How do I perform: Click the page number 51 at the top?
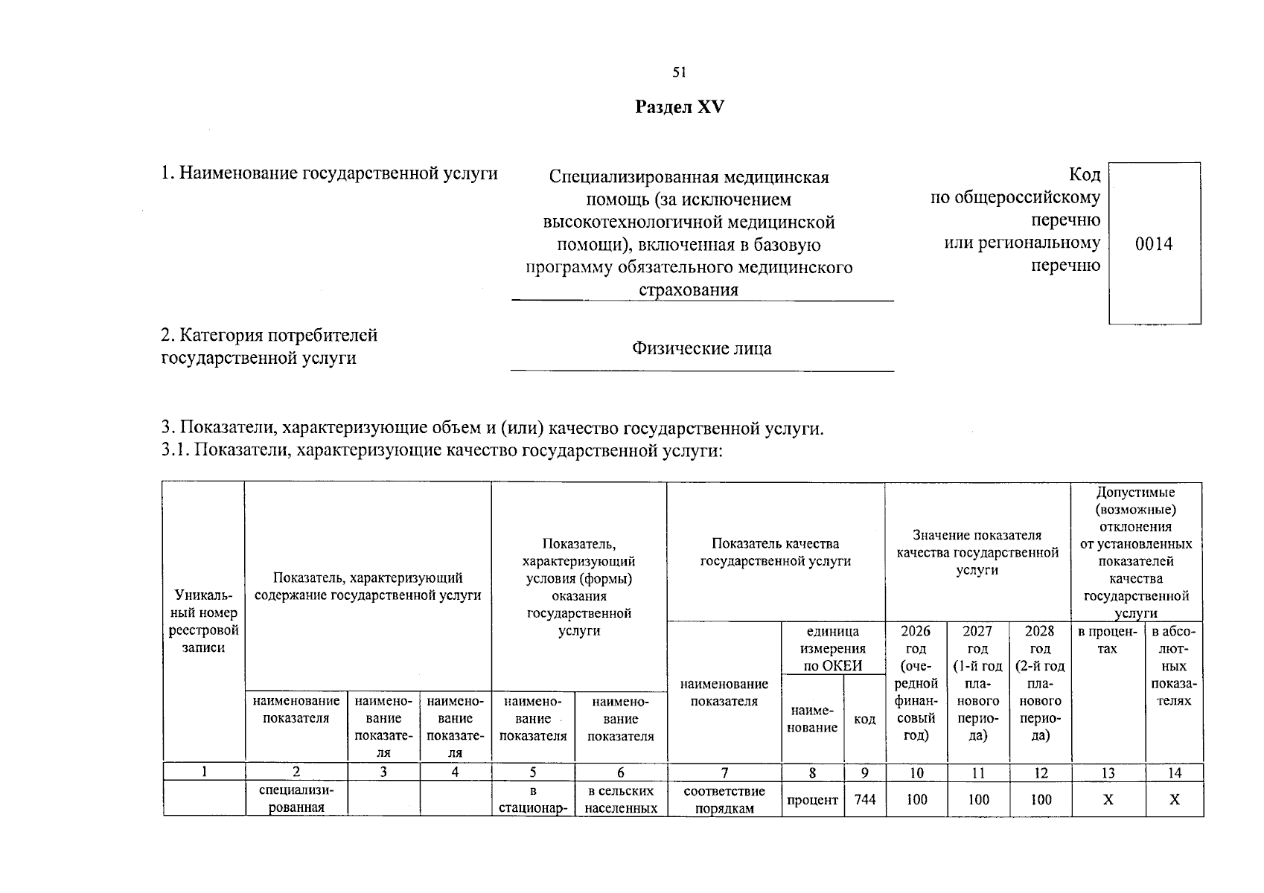tap(679, 72)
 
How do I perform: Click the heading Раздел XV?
tap(679, 107)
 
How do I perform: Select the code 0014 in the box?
tap(1154, 244)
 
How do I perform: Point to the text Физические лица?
tap(701, 348)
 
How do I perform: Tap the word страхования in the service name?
tap(689, 289)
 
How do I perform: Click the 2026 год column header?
tap(916, 682)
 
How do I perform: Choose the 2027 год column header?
tap(977, 682)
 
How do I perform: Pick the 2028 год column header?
tap(1040, 682)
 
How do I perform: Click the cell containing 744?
tap(865, 799)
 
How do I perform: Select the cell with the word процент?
tap(812, 799)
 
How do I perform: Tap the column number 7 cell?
tap(724, 772)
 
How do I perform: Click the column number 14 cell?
tap(1174, 772)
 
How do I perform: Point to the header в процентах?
tap(1108, 640)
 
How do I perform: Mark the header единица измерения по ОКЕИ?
tap(832, 648)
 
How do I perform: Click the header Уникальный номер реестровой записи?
tap(203, 621)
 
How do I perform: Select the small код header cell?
tap(864, 720)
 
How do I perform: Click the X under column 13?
tap(1108, 799)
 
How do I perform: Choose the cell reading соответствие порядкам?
tap(724, 799)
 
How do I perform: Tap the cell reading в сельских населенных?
tap(621, 799)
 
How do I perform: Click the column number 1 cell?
tap(203, 772)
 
